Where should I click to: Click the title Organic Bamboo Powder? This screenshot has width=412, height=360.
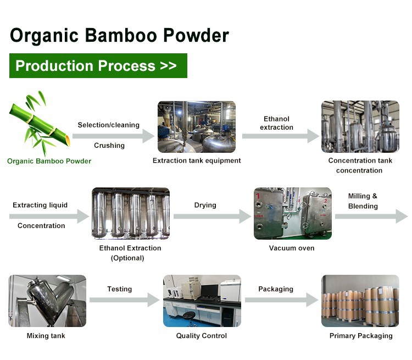pos(119,35)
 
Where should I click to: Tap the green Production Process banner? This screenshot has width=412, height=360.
pos(98,66)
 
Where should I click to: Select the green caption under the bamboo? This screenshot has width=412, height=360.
pos(49,161)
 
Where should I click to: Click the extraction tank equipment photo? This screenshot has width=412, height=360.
pos(197,126)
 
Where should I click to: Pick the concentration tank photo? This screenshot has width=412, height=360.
pos(360,126)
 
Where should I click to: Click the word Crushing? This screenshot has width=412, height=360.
pos(109,146)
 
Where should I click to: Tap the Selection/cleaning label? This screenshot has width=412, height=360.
pos(109,125)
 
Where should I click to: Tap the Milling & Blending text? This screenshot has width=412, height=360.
pos(363,201)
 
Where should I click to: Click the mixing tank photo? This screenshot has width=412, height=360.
pos(47,301)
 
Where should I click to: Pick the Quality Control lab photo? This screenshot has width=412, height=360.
pos(202,301)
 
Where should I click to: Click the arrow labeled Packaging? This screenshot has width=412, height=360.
pos(281,300)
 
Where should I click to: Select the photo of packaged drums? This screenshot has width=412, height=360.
pos(360,301)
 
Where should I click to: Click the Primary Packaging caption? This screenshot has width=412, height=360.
pos(360,336)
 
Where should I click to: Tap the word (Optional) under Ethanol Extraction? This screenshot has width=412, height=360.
pos(127,258)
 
